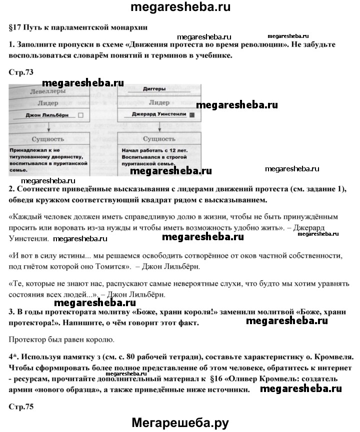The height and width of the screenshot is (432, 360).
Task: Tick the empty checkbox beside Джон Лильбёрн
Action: click(81, 114)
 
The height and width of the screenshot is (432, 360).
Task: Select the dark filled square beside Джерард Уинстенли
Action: click(191, 114)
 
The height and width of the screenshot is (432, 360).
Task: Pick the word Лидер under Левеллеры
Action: click(48, 102)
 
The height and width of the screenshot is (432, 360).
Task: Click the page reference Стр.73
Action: click(21, 72)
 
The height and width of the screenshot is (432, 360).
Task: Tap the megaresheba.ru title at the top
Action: click(180, 8)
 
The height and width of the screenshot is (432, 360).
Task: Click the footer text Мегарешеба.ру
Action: click(180, 423)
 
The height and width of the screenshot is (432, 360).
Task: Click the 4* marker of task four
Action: click(14, 358)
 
